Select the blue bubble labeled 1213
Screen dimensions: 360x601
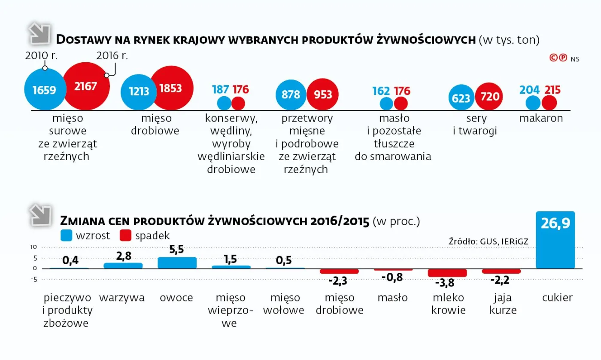(x=139, y=91)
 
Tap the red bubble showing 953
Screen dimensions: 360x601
(x=323, y=95)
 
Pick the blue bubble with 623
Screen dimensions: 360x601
(x=461, y=98)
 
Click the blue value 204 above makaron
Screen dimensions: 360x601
(x=529, y=90)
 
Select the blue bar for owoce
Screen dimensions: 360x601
(x=177, y=262)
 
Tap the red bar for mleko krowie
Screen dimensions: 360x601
(x=447, y=273)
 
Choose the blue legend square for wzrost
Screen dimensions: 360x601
(x=66, y=235)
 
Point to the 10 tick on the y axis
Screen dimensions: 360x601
(x=33, y=247)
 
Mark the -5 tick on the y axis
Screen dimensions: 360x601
(x=33, y=279)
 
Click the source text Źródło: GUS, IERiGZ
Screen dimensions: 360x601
(x=488, y=242)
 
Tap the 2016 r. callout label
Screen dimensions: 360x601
(x=112, y=55)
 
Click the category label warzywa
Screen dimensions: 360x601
(x=122, y=297)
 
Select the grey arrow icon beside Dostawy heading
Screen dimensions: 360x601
(x=39, y=34)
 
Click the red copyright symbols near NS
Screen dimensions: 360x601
(x=558, y=58)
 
